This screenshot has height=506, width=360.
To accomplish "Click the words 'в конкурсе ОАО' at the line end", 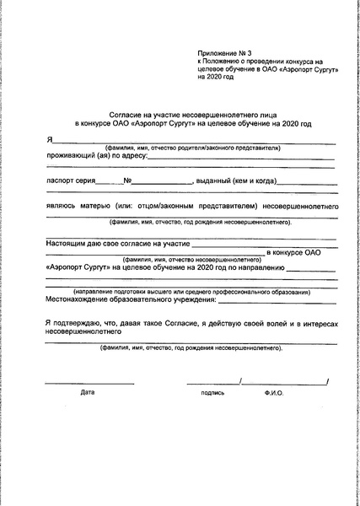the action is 294,252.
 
